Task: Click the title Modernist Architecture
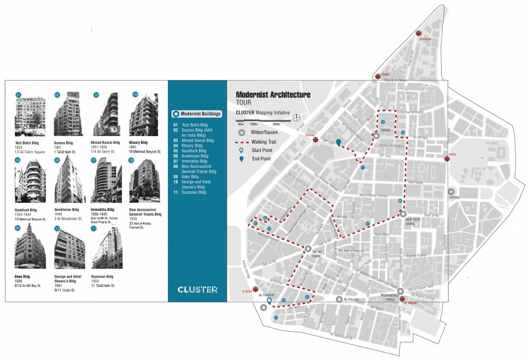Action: tap(273, 94)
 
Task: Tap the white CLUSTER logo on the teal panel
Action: tap(197, 289)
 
